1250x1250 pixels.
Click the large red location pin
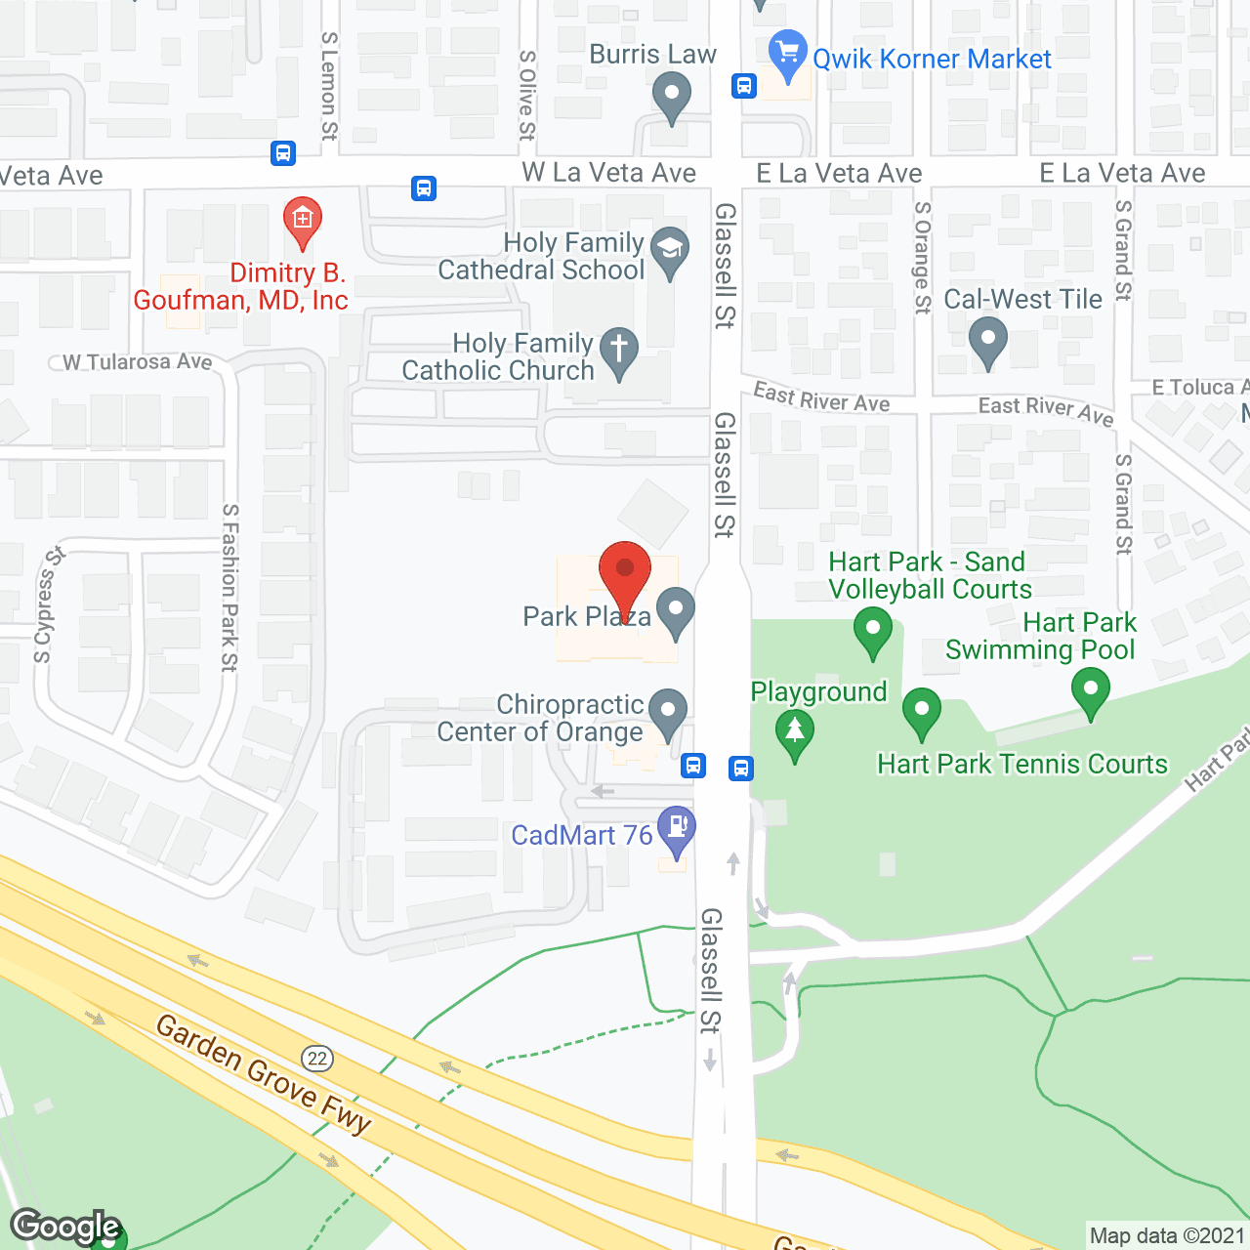click(624, 576)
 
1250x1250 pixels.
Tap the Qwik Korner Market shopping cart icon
click(787, 55)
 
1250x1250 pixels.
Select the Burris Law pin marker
click(671, 99)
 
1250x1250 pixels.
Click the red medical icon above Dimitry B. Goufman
click(303, 220)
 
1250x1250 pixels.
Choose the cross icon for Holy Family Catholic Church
click(618, 350)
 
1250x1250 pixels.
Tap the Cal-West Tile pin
click(987, 341)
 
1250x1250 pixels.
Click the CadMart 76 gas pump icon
click(676, 829)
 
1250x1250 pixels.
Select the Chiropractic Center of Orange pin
click(668, 712)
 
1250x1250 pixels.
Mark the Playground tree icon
click(795, 732)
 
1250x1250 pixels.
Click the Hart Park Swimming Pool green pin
click(1090, 689)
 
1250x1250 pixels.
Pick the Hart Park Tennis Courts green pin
click(921, 711)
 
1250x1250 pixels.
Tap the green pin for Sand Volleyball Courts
click(872, 630)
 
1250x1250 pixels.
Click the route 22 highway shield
click(317, 1058)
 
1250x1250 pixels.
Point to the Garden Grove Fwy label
click(264, 1074)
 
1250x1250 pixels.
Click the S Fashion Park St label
click(230, 587)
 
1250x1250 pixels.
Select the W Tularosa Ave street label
click(137, 362)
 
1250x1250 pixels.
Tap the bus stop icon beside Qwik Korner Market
click(744, 86)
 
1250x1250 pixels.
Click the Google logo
click(65, 1227)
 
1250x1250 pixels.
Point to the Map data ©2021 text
click(1167, 1235)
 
